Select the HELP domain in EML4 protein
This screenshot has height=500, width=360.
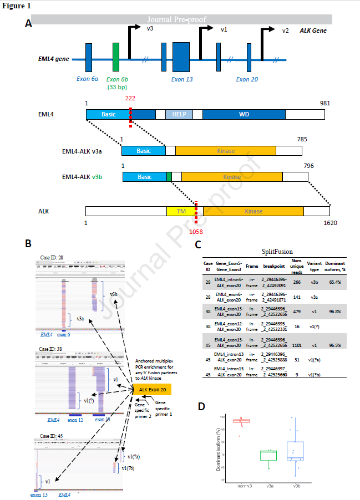179,114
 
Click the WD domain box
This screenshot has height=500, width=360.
244,114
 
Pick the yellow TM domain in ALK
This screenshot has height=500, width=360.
181,211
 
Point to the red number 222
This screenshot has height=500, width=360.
130,98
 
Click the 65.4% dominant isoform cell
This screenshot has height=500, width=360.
334,282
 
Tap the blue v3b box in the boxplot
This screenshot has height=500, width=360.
295,451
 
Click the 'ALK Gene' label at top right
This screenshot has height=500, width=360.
313,30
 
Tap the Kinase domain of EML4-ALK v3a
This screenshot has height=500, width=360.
225,151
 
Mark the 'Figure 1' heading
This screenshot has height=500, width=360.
16,5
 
